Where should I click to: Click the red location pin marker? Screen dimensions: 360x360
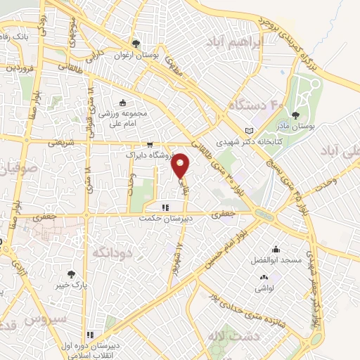pyautogui.click(x=181, y=165)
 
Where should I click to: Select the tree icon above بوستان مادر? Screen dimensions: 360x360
pyautogui.click(x=294, y=113)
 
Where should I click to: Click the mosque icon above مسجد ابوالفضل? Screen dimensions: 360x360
pyautogui.click(x=276, y=249)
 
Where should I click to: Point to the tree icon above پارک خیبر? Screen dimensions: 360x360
pyautogui.click(x=70, y=274)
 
